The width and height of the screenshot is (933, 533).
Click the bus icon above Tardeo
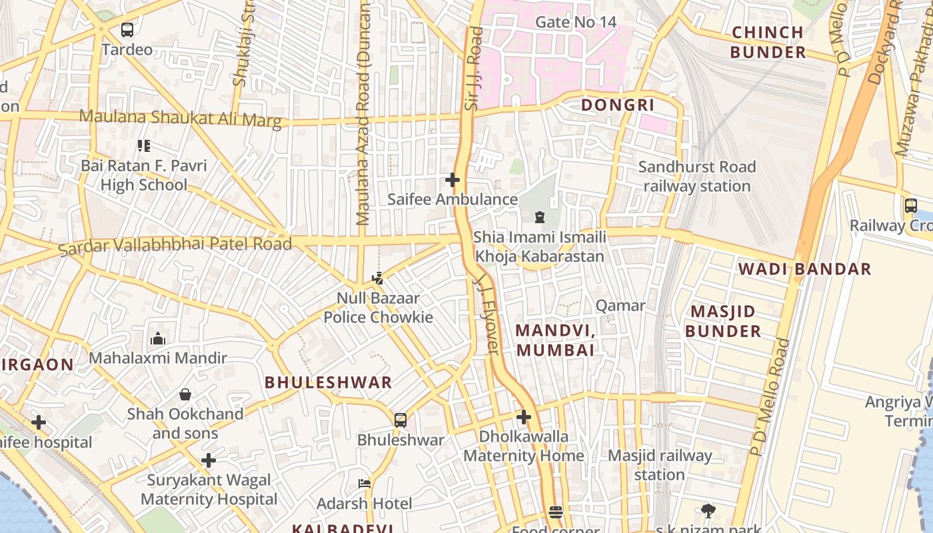pos(127,30)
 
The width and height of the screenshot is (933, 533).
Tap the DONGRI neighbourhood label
pos(618,105)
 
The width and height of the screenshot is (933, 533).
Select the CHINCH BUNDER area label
pos(767,42)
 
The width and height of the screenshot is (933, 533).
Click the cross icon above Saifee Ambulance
pos(453,180)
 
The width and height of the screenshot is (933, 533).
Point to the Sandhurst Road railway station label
pos(697,177)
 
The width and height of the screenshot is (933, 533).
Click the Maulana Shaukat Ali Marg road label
pos(180,118)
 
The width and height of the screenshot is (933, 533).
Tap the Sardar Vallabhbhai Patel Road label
pos(175,245)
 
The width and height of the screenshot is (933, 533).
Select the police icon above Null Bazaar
pos(378,278)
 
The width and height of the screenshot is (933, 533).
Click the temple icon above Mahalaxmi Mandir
pos(158,338)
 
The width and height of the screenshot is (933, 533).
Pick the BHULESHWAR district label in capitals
pos(329,382)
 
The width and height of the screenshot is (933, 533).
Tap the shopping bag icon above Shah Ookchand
pos(185,394)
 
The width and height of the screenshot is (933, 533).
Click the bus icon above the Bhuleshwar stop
pos(400,420)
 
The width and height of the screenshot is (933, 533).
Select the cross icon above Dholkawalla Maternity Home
pos(524,418)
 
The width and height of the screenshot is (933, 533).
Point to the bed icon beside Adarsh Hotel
pos(365,484)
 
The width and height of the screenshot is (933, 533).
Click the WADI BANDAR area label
pos(804,269)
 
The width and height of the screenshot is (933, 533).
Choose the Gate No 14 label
pos(576,22)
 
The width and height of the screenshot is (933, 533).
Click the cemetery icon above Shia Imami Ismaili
pos(539,217)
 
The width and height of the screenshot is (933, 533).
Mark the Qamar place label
pos(620,306)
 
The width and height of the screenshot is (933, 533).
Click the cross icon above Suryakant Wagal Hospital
pos(209,460)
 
